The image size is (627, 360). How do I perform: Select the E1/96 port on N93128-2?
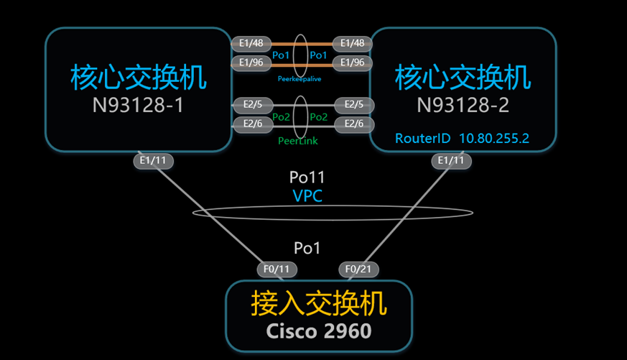352,63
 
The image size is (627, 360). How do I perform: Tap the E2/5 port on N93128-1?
252,105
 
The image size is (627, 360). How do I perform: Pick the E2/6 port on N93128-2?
353,124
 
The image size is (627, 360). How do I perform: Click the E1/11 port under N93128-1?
153,161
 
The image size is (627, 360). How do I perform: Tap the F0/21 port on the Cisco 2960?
359,269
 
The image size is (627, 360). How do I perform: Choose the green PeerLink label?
298,142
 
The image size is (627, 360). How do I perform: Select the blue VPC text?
307,195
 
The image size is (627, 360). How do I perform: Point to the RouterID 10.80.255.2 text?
462,138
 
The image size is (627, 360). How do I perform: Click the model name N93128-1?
138,105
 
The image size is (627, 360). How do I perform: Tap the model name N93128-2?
463,105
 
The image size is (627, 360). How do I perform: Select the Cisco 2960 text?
319,331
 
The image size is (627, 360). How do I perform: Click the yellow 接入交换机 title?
319,304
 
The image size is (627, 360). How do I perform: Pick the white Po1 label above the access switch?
307,248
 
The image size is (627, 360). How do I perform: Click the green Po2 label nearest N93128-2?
318,116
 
